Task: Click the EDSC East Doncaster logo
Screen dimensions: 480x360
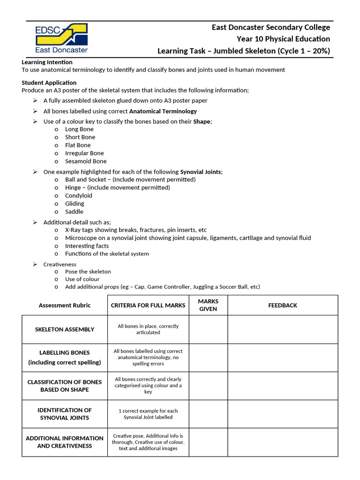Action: (x=61, y=38)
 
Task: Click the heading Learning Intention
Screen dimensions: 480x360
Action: (x=47, y=62)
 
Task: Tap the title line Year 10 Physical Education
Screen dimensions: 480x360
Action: (x=283, y=39)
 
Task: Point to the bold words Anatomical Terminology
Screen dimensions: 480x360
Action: (x=163, y=111)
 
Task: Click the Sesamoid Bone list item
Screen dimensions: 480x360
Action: (x=86, y=161)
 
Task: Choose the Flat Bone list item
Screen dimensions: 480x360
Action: (x=78, y=145)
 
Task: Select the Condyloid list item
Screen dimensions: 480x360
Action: (x=79, y=195)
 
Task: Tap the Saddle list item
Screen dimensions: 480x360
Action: (x=74, y=211)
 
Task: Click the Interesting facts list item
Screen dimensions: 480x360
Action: (x=87, y=246)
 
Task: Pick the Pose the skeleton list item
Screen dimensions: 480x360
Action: (x=88, y=271)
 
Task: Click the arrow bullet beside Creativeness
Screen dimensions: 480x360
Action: (x=35, y=264)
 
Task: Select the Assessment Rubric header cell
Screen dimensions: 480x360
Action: (x=65, y=305)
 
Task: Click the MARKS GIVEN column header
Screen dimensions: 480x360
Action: (x=208, y=305)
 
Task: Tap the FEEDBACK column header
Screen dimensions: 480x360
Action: (x=283, y=305)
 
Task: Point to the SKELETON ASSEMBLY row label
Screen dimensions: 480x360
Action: (x=65, y=330)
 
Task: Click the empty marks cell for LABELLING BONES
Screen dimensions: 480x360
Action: (x=208, y=358)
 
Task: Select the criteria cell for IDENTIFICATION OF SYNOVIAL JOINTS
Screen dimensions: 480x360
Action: (x=148, y=414)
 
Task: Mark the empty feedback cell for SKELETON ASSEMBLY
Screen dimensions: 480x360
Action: (x=283, y=330)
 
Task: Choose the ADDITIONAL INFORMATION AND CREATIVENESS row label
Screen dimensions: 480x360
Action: (x=65, y=442)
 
